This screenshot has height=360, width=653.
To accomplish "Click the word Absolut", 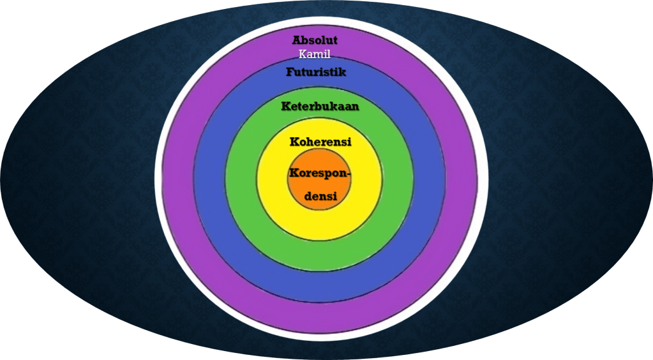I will tap(315, 41).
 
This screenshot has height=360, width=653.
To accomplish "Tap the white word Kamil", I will tap(315, 54).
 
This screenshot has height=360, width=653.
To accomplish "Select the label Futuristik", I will tap(316, 72).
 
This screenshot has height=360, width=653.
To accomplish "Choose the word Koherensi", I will tap(320, 142).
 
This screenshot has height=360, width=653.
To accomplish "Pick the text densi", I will tap(320, 197).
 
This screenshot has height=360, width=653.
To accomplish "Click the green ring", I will tap(319, 255).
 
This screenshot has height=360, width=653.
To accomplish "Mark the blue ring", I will tap(319, 287).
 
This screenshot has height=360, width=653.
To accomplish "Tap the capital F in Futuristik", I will tap(290, 72).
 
